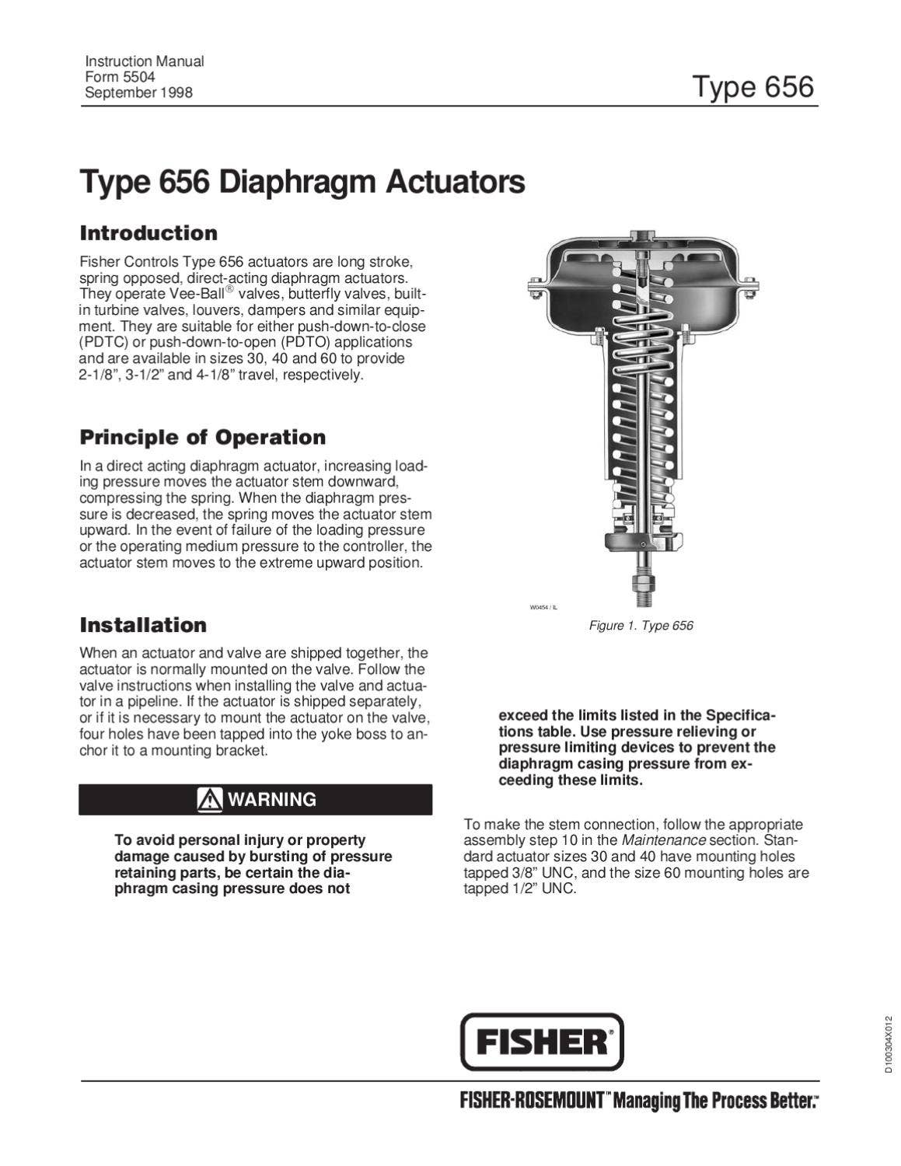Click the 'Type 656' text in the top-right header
point(752,86)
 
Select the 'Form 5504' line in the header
point(120,77)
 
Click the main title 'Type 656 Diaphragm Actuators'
point(302,183)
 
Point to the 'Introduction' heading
point(148,233)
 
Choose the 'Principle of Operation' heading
point(203,437)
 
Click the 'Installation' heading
point(143,625)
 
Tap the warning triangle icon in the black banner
point(210,799)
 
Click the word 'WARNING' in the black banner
point(271,799)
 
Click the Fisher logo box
point(542,1042)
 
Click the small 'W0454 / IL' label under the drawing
point(543,607)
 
